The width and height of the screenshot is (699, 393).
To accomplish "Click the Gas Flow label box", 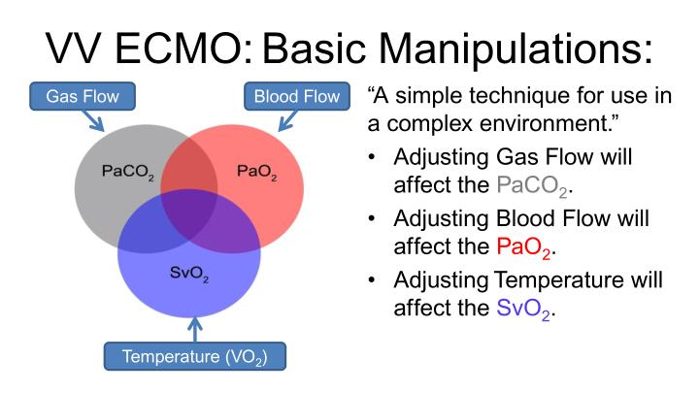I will coord(82,97).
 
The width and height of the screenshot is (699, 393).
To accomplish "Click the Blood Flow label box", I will coord(297,97).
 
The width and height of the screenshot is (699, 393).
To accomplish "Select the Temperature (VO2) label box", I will coord(194,356).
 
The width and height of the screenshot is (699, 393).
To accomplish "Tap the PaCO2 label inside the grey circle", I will coord(127,172).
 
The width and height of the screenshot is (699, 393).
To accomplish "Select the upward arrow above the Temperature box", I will coord(194,328).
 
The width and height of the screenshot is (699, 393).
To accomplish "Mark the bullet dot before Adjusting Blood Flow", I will coord(373,220).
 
